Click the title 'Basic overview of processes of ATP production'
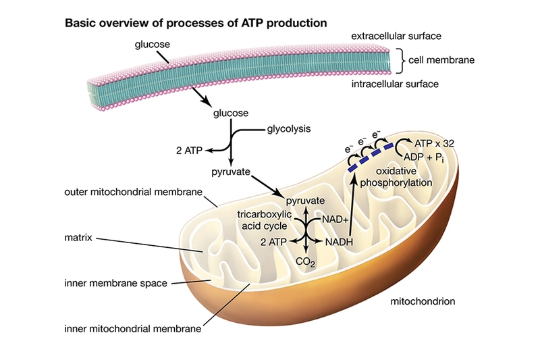[196, 23]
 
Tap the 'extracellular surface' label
[396, 36]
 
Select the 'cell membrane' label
[441, 60]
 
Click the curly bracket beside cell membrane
[399, 61]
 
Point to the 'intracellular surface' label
[395, 84]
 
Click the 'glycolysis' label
[289, 129]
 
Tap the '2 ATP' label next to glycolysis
[189, 151]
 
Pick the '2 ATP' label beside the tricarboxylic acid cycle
[273, 242]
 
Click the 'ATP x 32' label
[434, 143]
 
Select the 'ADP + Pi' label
[424, 158]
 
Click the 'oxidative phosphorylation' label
[396, 177]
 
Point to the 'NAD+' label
[335, 220]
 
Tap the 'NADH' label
[340, 242]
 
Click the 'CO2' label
[305, 263]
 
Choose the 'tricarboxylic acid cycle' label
[265, 220]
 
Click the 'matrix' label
[78, 238]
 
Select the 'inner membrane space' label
[115, 283]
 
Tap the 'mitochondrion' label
[423, 301]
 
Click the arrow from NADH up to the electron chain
[352, 207]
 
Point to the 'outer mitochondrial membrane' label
[133, 192]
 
